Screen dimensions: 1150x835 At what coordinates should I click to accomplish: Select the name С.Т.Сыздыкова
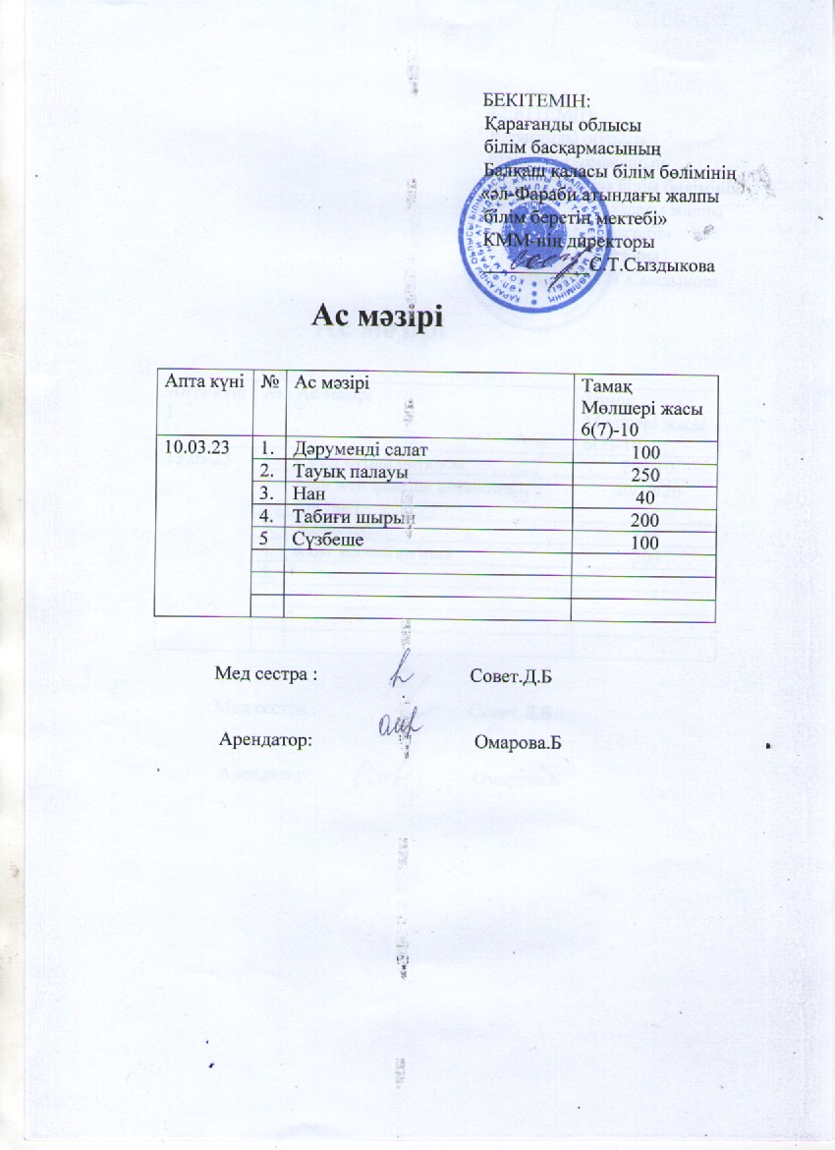pos(652,265)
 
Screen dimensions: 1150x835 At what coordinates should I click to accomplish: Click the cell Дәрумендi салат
pos(362,450)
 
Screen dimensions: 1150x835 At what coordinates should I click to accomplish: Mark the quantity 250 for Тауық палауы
pos(644,474)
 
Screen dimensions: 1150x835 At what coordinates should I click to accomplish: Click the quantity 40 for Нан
pos(644,496)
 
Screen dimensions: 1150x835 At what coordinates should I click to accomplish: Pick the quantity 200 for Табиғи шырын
pos(644,519)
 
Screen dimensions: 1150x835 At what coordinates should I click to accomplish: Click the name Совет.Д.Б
pos(510,676)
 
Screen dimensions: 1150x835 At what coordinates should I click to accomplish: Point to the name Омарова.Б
pos(517,740)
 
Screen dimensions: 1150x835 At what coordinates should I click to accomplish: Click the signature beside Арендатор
pos(399,725)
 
